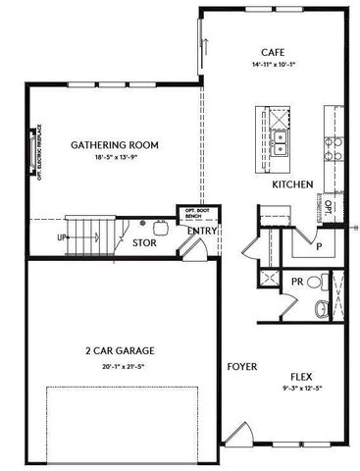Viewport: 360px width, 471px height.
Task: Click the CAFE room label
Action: (x=273, y=52)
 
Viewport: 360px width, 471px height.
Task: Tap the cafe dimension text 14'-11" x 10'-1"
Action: (x=273, y=65)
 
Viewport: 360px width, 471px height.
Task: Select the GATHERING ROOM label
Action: (x=114, y=145)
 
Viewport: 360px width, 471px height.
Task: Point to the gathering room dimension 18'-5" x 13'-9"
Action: (x=114, y=157)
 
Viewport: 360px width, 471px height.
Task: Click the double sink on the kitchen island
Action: (x=281, y=144)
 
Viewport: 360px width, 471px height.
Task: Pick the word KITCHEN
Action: (x=292, y=184)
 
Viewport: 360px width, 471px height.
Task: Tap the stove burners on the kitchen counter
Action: (x=334, y=146)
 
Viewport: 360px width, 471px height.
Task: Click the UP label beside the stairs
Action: (x=62, y=237)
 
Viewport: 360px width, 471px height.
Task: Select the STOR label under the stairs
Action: (x=144, y=241)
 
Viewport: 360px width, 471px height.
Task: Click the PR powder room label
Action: (x=296, y=283)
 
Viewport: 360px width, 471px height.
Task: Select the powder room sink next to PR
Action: (x=315, y=283)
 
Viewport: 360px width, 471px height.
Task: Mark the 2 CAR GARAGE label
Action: (x=121, y=350)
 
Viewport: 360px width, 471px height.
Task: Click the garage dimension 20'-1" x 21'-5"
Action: (x=121, y=365)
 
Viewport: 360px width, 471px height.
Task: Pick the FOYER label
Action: (x=242, y=367)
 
